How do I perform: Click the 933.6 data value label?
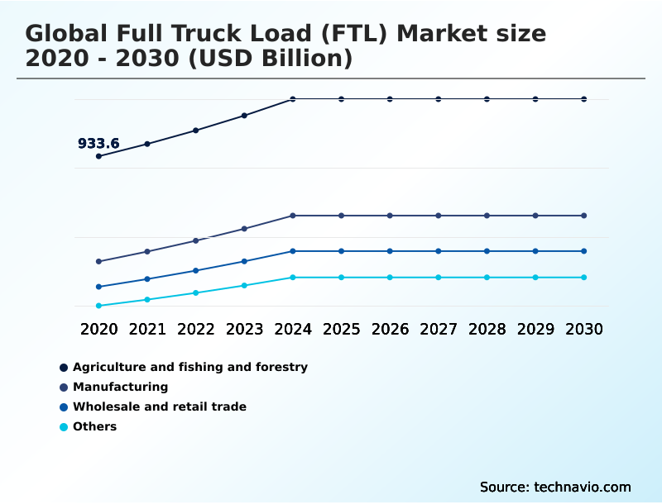coord(98,144)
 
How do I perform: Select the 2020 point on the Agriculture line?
coord(99,156)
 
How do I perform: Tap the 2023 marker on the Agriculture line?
coord(244,116)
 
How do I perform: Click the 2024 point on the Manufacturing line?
coord(293,216)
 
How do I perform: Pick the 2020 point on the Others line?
coord(99,306)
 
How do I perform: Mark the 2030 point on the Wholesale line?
coord(584,251)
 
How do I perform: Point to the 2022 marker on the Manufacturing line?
coord(196,240)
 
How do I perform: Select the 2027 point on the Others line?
coord(439,278)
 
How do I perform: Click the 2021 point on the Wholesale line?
coord(147,279)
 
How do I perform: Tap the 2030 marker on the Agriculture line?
coord(584,99)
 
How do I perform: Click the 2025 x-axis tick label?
coord(341,330)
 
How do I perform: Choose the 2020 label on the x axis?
coord(99,330)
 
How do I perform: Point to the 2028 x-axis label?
coord(487,330)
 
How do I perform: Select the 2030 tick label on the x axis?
coord(584,330)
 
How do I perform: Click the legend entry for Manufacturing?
coord(120,387)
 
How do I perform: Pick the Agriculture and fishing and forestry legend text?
coord(189,367)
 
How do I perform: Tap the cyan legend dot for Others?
coord(64,427)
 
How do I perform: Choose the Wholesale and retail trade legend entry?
coord(159,407)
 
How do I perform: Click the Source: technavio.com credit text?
coord(555,487)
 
